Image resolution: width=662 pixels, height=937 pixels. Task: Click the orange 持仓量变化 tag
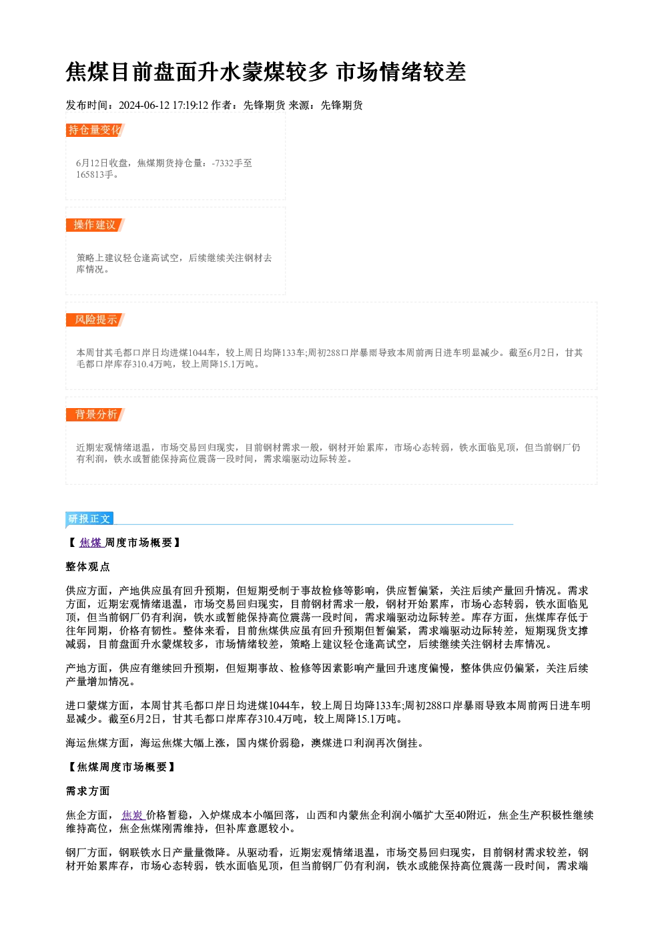click(95, 130)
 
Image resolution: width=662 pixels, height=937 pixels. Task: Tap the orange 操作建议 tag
click(95, 225)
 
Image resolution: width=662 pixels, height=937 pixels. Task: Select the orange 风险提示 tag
click(95, 320)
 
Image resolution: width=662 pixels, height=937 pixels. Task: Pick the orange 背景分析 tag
click(95, 415)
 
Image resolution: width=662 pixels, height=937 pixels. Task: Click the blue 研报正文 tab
click(89, 519)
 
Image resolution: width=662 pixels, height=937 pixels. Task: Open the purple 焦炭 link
click(133, 815)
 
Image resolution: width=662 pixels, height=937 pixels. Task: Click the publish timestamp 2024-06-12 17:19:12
click(163, 106)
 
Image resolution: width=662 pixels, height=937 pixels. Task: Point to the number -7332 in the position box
click(222, 163)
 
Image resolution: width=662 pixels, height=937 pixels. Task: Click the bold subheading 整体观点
click(88, 567)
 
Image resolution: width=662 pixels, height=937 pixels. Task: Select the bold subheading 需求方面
click(88, 791)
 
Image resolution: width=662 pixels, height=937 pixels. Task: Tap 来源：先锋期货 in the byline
click(326, 106)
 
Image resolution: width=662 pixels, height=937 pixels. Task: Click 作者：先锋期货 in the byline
click(248, 106)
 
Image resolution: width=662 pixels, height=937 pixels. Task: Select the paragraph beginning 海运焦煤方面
click(246, 743)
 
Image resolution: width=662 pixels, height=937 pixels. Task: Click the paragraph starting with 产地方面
click(327, 675)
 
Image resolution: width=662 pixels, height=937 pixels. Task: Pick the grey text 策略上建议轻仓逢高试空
click(127, 258)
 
